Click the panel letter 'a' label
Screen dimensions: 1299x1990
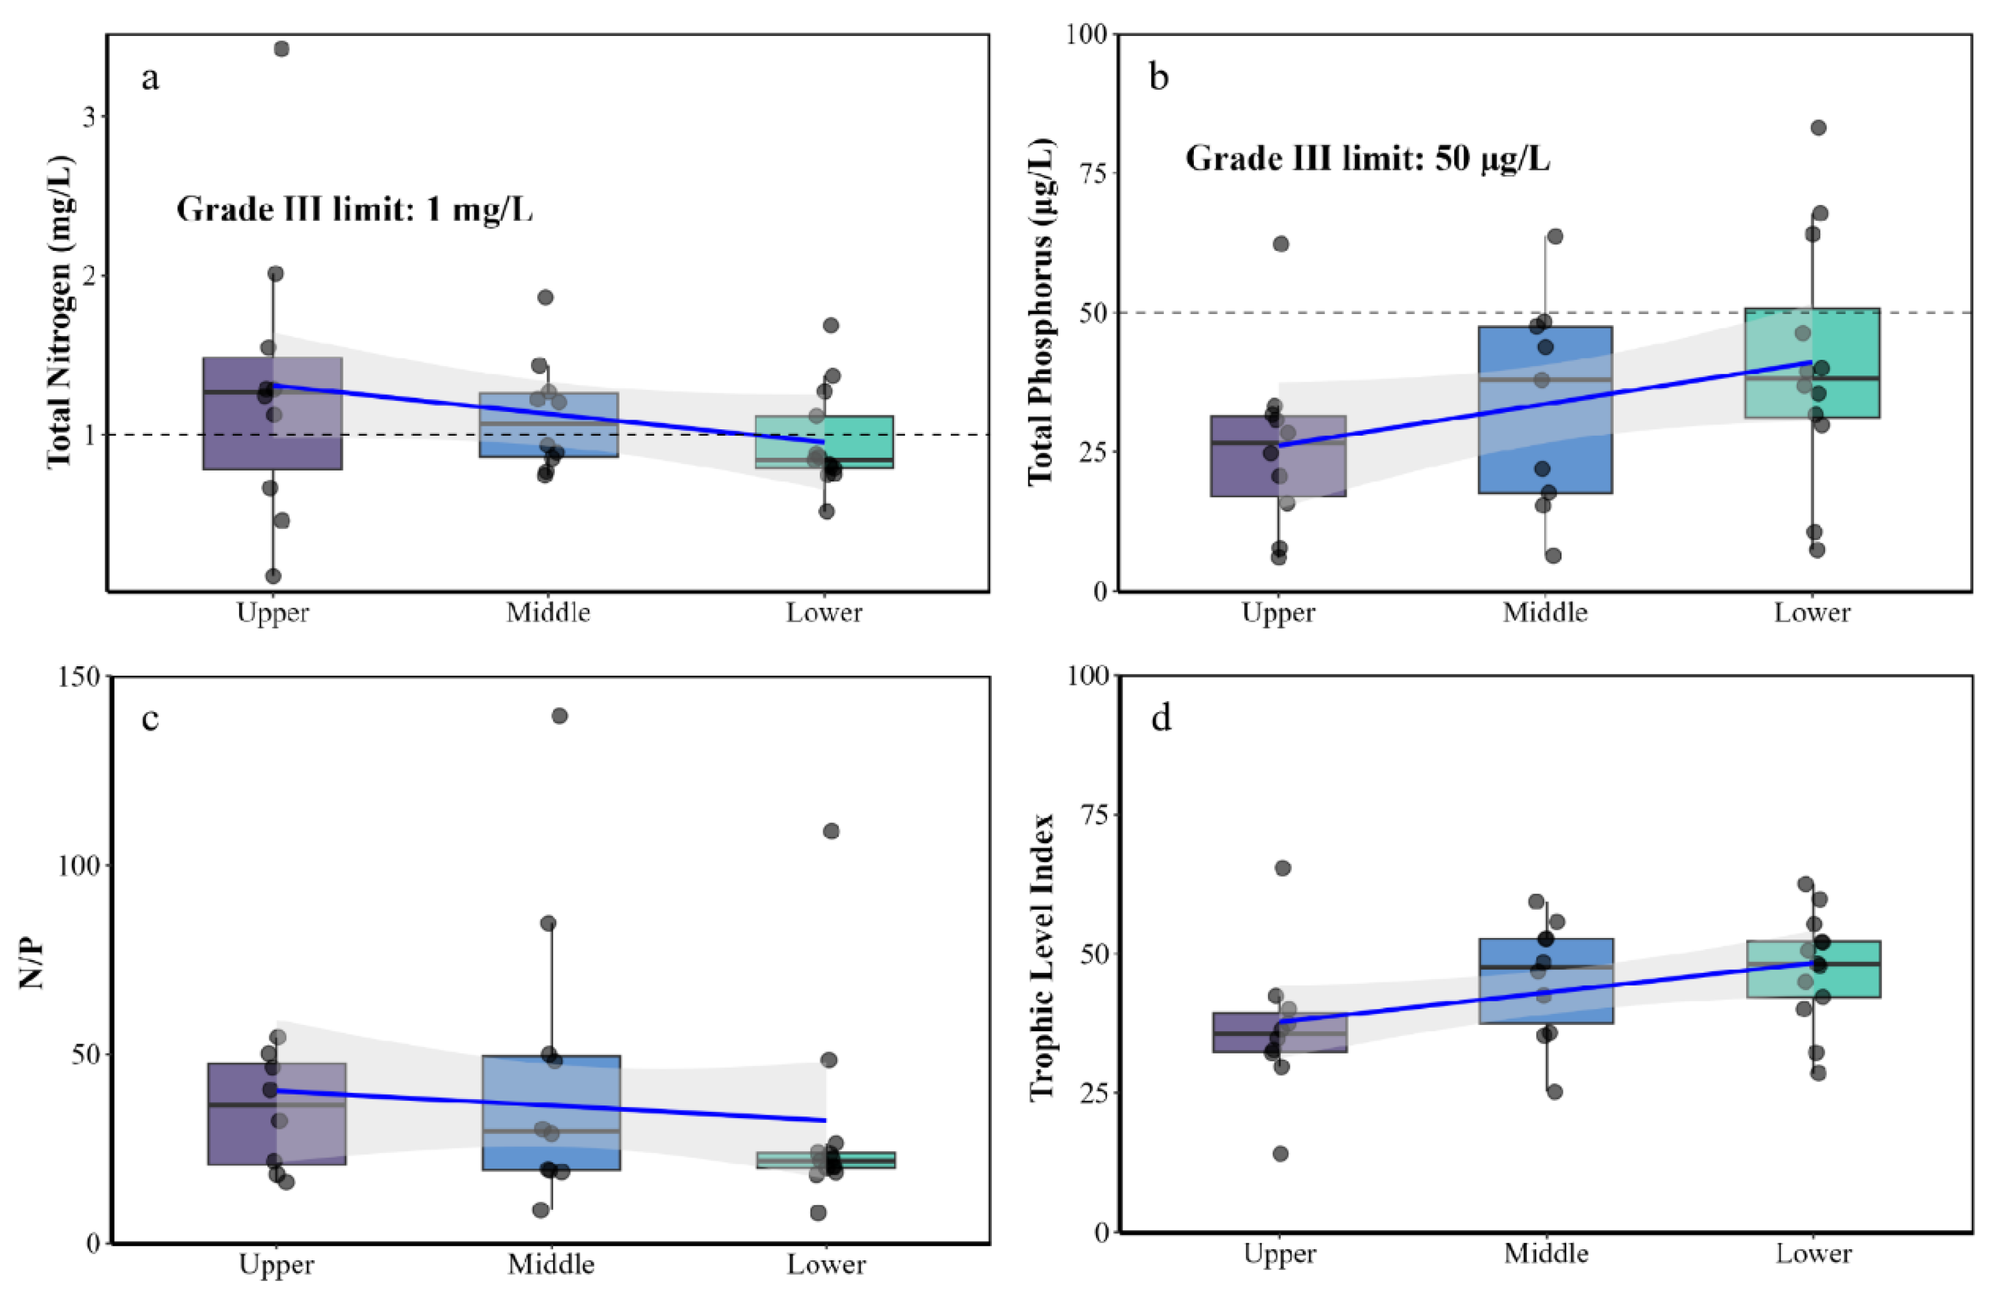[149, 79]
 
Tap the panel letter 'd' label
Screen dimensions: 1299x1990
[1161, 718]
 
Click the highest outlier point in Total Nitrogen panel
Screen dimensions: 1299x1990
[282, 49]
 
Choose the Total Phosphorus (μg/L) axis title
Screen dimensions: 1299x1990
[1042, 311]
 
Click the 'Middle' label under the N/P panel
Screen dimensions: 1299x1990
[551, 1264]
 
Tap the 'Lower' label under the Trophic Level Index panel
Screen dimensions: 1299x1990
[1813, 1254]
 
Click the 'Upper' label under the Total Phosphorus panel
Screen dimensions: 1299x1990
[1278, 613]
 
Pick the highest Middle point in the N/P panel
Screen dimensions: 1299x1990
[559, 716]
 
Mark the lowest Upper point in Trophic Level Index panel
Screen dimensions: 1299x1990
[1280, 1154]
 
